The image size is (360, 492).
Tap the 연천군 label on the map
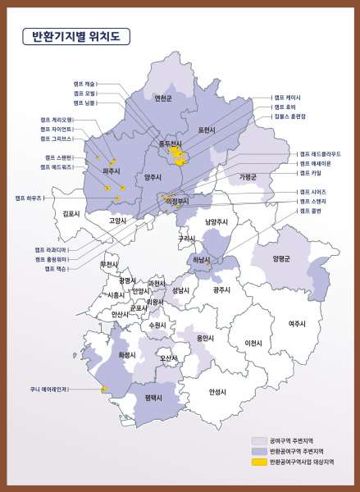point(163,98)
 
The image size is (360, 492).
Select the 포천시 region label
point(207,130)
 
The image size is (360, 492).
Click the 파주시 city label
point(112,171)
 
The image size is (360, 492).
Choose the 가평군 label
point(248,176)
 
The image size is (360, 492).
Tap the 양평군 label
point(281,258)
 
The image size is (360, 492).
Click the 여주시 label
point(298,323)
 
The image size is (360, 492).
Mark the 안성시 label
point(217,391)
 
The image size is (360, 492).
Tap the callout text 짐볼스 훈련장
point(290,117)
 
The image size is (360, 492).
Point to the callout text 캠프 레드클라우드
point(320,154)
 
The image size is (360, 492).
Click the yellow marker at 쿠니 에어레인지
point(104,389)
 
